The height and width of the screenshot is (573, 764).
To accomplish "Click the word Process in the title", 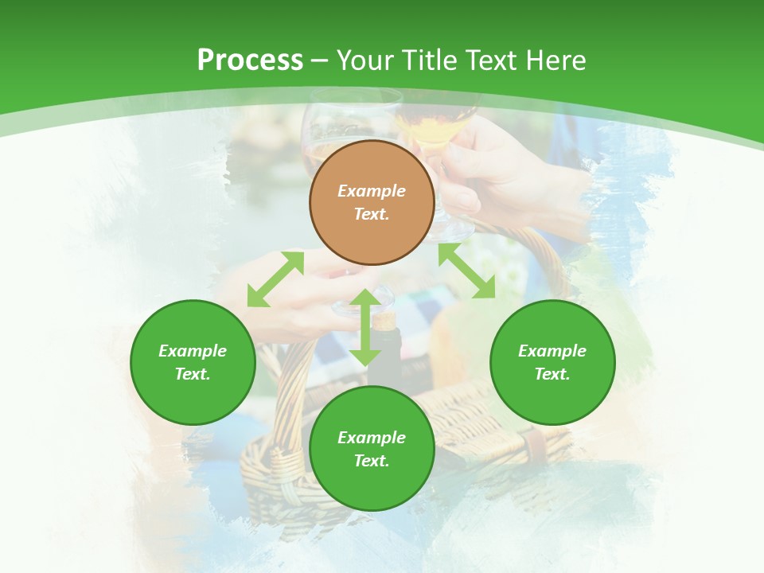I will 250,60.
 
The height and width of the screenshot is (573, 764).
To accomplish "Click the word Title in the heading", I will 430,60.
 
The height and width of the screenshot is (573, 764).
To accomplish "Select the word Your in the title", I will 366,60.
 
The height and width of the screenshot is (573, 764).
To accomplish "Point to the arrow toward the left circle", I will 275,279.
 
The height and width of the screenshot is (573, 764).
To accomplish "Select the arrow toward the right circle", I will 466,271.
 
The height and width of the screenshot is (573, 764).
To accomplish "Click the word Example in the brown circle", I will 372,191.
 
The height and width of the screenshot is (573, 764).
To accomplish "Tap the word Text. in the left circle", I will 193,374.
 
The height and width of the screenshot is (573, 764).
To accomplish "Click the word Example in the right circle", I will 552,351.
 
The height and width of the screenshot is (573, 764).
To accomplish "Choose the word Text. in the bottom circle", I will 372,461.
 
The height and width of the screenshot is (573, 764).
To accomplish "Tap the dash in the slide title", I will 320,60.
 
